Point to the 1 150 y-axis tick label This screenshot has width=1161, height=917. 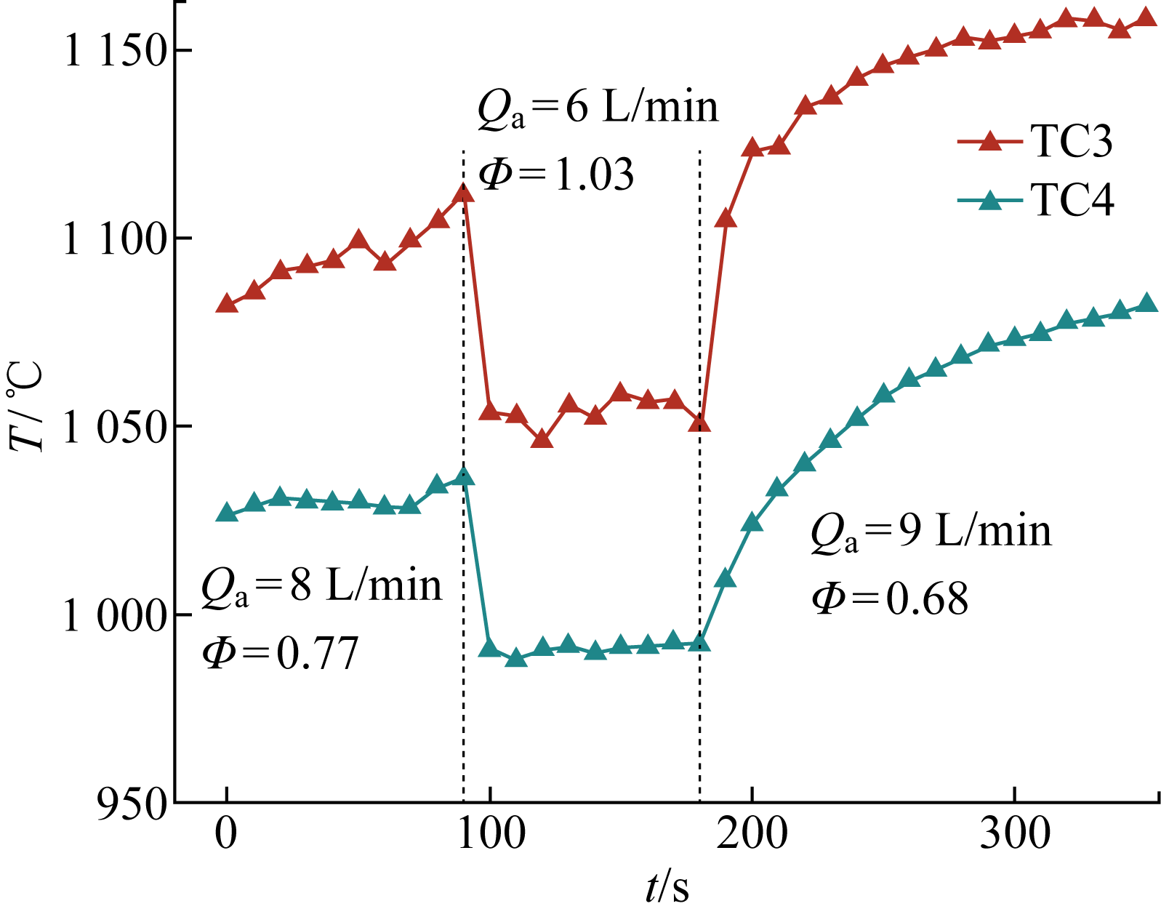tap(116, 52)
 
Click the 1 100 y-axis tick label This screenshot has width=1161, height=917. tap(116, 239)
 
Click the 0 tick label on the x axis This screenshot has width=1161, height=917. tap(227, 834)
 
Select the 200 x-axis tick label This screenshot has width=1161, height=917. tap(752, 834)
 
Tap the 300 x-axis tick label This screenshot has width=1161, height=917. tap(1014, 834)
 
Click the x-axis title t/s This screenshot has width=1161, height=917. tap(667, 887)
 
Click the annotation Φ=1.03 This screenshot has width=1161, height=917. tap(556, 175)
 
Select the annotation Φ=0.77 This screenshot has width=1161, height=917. tap(281, 653)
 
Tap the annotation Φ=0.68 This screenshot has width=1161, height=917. tap(890, 600)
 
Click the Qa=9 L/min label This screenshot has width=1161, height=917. tap(931, 532)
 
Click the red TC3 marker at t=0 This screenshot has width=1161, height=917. tap(228, 304)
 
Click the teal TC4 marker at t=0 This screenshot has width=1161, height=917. tap(228, 513)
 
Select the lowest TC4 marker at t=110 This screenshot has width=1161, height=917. tap(515, 658)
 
